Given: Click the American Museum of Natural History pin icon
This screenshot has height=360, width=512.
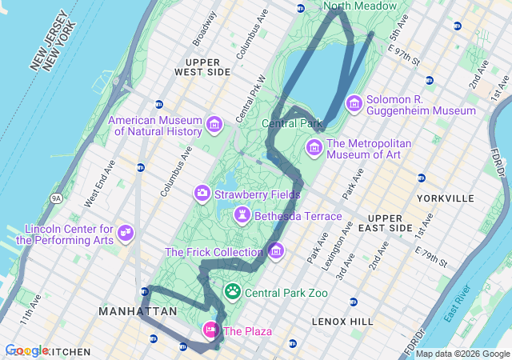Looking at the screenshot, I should tap(214, 124).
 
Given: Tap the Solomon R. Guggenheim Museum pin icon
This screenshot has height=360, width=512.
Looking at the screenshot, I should tap(354, 104).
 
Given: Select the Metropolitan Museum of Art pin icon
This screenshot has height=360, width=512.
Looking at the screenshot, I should tap(314, 148).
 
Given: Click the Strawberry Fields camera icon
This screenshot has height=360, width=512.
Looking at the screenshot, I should tap(202, 193).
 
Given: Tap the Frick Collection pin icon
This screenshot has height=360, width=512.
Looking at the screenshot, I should tap(276, 252).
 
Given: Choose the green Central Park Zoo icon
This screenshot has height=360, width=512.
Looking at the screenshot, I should tap(233, 292).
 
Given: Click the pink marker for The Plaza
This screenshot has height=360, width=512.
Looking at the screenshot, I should tap(211, 330).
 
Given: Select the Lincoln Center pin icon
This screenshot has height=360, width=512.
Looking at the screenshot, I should tap(125, 233).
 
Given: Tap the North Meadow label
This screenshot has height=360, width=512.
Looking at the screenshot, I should tap(360, 6).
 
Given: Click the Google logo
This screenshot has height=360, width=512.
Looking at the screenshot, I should tap(26, 350).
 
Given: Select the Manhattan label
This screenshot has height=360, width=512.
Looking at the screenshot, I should tap(138, 310).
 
